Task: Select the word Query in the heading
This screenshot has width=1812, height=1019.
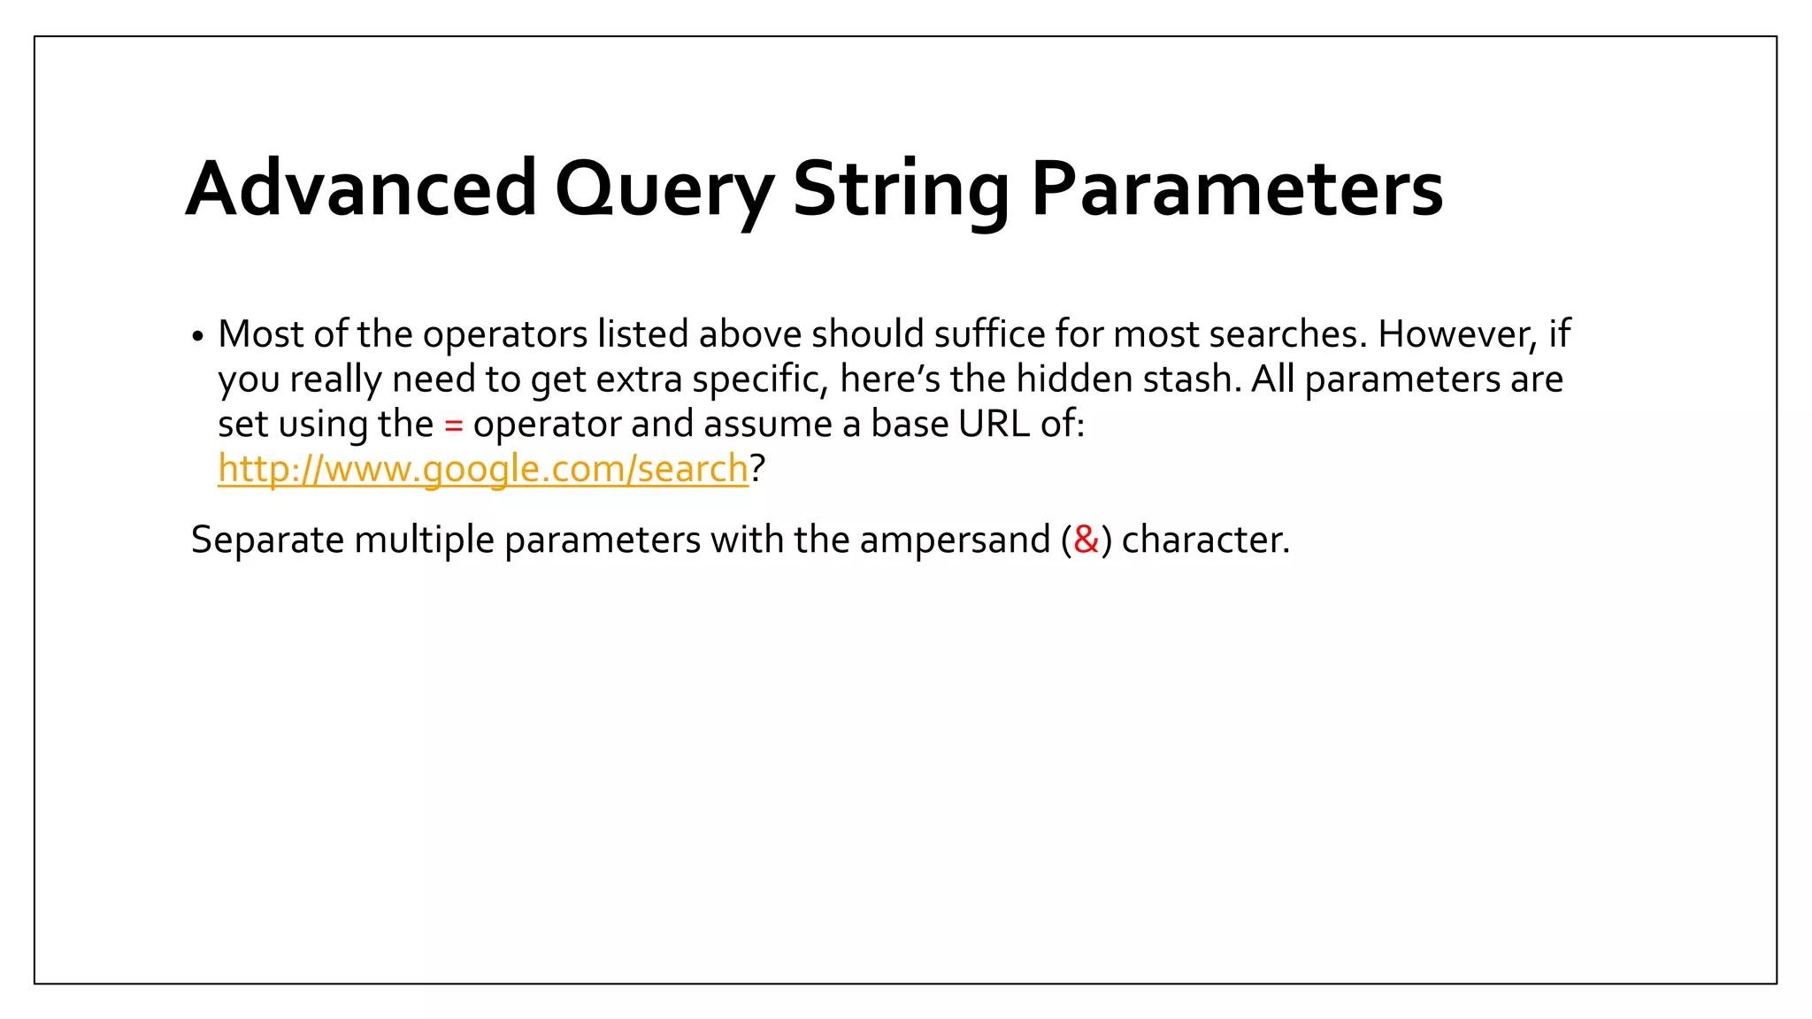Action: [664, 190]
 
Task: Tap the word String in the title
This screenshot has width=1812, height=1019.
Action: [901, 190]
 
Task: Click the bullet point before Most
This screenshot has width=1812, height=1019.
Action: [198, 337]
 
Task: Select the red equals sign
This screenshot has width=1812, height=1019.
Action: [453, 425]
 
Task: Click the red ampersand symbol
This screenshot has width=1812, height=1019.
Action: [1086, 540]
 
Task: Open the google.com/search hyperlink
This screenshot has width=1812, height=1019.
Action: [483, 469]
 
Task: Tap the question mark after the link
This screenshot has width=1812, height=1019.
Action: [757, 469]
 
